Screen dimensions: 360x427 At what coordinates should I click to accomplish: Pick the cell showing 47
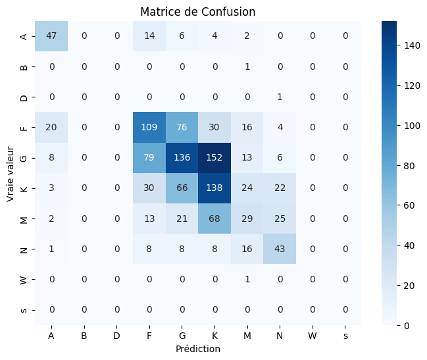click(x=51, y=36)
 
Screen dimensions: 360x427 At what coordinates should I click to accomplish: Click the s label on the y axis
click(x=24, y=310)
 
